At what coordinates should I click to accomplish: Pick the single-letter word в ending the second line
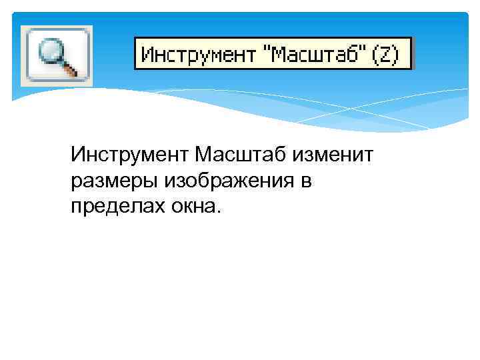305,181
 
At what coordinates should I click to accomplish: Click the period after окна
215,211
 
